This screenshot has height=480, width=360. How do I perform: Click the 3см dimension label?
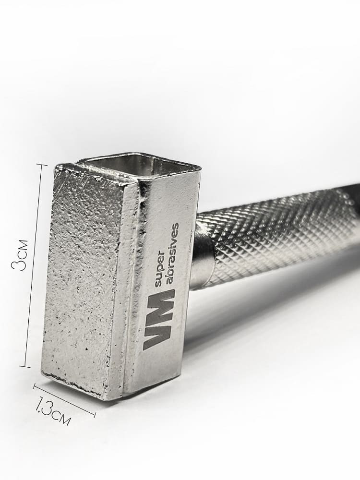(19, 255)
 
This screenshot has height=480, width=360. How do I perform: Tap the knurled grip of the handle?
(276, 233)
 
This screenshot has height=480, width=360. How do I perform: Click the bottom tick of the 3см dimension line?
(25, 366)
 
